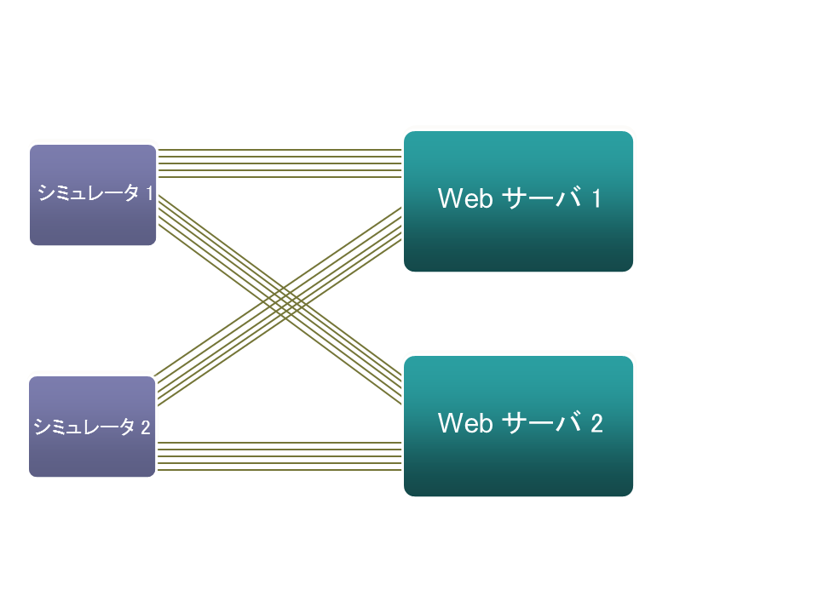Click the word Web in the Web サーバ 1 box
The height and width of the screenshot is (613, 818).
465,198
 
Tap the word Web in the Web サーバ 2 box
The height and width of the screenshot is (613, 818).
465,423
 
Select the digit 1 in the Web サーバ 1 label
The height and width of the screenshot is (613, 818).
596,198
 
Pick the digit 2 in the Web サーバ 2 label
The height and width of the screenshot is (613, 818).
596,423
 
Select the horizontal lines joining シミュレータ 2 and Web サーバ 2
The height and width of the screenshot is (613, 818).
279,456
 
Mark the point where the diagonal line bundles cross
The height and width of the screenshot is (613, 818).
279,300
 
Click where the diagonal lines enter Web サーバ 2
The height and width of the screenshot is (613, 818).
399,388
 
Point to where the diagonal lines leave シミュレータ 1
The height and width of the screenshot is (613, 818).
161,211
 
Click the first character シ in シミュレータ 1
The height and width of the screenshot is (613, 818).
43,193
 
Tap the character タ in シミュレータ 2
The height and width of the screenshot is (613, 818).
128,427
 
